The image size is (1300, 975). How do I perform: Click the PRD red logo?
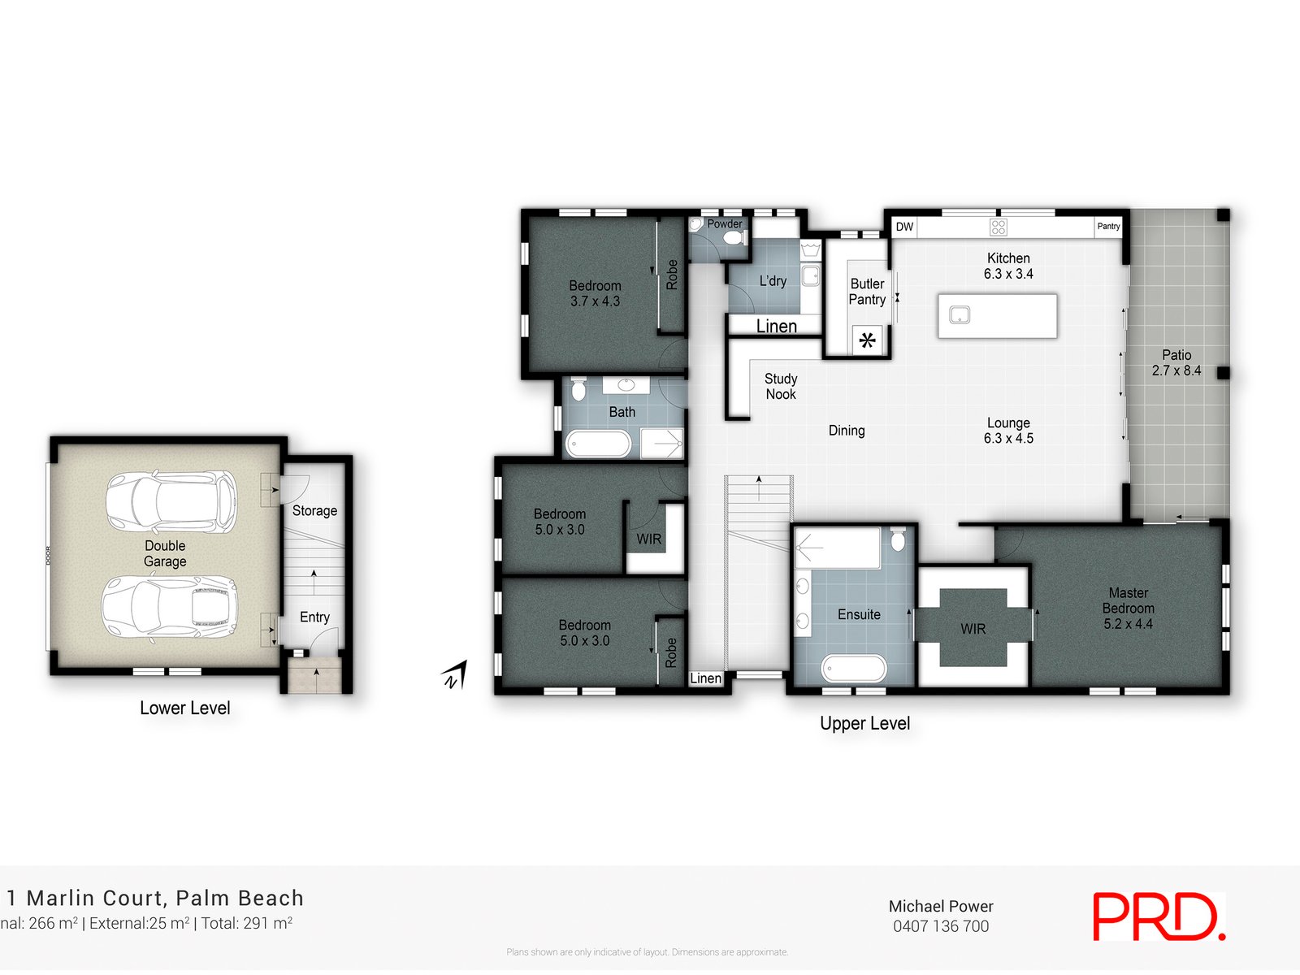(1158, 917)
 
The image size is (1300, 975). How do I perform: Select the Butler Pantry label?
(867, 292)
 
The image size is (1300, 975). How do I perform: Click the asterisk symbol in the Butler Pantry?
(868, 340)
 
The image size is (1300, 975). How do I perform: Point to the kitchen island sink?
(960, 314)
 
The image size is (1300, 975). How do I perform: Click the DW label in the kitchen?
(904, 227)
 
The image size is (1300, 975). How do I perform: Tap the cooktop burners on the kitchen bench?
(999, 227)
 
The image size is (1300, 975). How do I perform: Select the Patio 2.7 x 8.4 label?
(1176, 362)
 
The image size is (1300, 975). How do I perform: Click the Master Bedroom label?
(1128, 608)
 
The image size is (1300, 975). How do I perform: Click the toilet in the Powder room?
(734, 238)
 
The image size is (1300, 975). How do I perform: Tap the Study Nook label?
(781, 387)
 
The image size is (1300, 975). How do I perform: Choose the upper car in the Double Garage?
(171, 501)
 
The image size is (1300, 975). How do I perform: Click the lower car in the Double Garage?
(169, 607)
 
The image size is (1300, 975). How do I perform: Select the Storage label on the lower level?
(314, 511)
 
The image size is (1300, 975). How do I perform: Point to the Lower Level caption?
(185, 708)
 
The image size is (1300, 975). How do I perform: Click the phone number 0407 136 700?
(941, 926)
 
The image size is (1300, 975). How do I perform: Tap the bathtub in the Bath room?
(598, 444)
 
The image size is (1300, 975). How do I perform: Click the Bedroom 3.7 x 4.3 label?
(595, 293)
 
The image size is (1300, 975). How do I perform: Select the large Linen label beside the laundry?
(776, 326)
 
